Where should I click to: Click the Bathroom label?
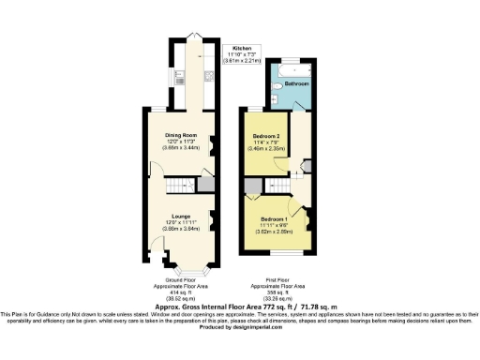pos(297,84)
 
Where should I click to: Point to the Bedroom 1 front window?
pos(277,253)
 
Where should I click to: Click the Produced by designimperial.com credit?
pos(240,326)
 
